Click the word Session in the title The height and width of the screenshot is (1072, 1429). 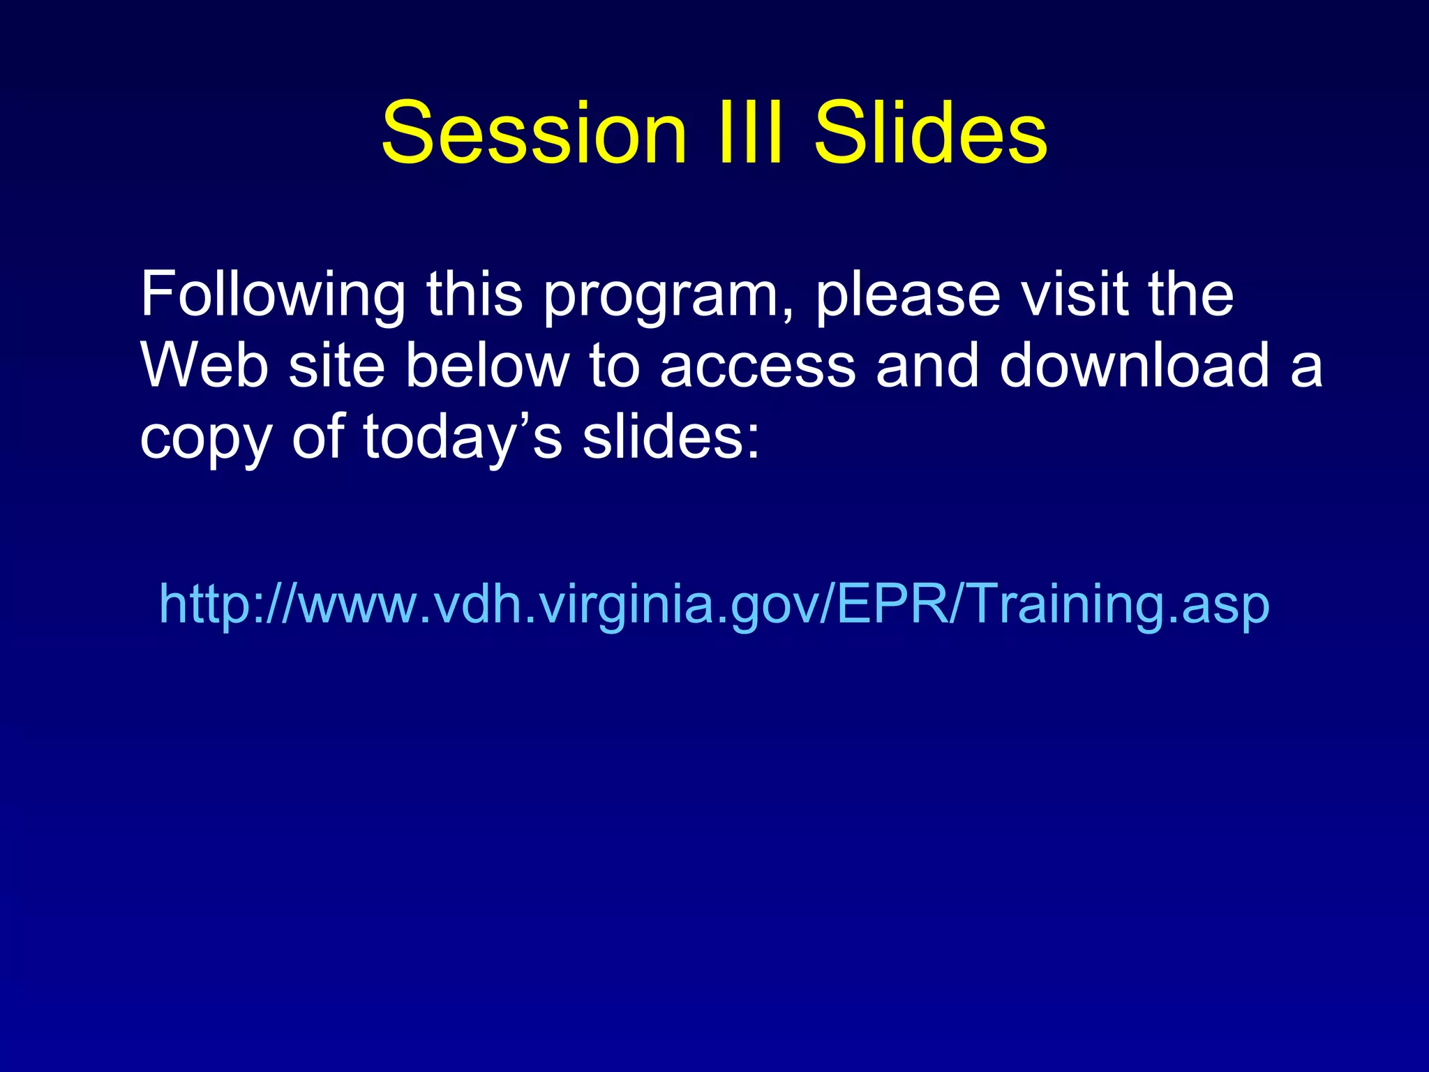534,133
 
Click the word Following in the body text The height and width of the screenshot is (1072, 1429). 272,295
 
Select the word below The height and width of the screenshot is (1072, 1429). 487,365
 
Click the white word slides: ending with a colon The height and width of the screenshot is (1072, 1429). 671,437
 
